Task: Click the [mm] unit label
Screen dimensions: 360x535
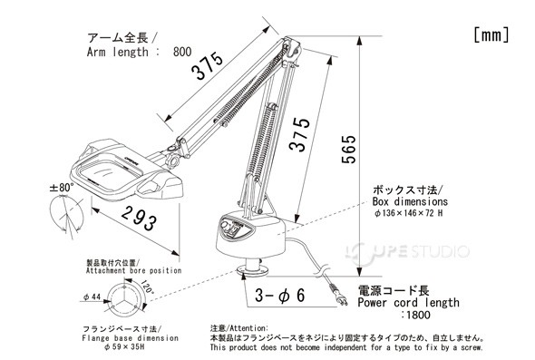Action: [491, 34]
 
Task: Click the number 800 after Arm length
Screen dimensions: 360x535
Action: [181, 54]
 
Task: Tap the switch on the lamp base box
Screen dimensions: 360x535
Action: [232, 231]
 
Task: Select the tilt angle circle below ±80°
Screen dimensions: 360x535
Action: [68, 218]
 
